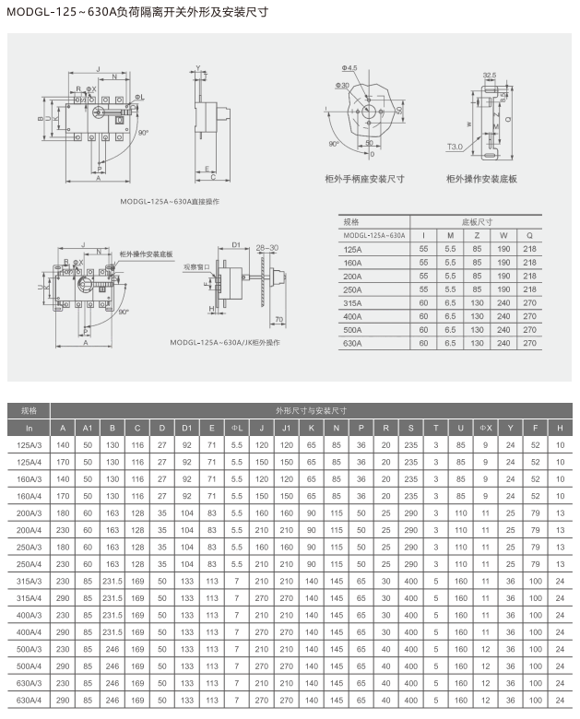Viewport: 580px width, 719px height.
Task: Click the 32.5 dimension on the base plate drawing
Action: tap(489, 75)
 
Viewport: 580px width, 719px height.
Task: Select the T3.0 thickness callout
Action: tap(456, 147)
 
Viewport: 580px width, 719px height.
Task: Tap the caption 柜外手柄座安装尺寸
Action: tap(365, 178)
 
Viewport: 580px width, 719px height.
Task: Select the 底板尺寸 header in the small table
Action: tap(477, 222)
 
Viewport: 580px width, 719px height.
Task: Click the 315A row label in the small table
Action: tap(352, 302)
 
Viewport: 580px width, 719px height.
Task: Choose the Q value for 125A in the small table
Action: tap(529, 249)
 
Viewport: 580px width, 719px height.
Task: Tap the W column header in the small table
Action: tap(503, 235)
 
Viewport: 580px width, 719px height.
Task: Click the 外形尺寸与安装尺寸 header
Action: tap(310, 410)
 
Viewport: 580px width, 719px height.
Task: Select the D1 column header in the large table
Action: tap(187, 428)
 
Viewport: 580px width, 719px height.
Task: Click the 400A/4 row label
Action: tap(30, 631)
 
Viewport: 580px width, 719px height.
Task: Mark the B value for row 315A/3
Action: tap(112, 581)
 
